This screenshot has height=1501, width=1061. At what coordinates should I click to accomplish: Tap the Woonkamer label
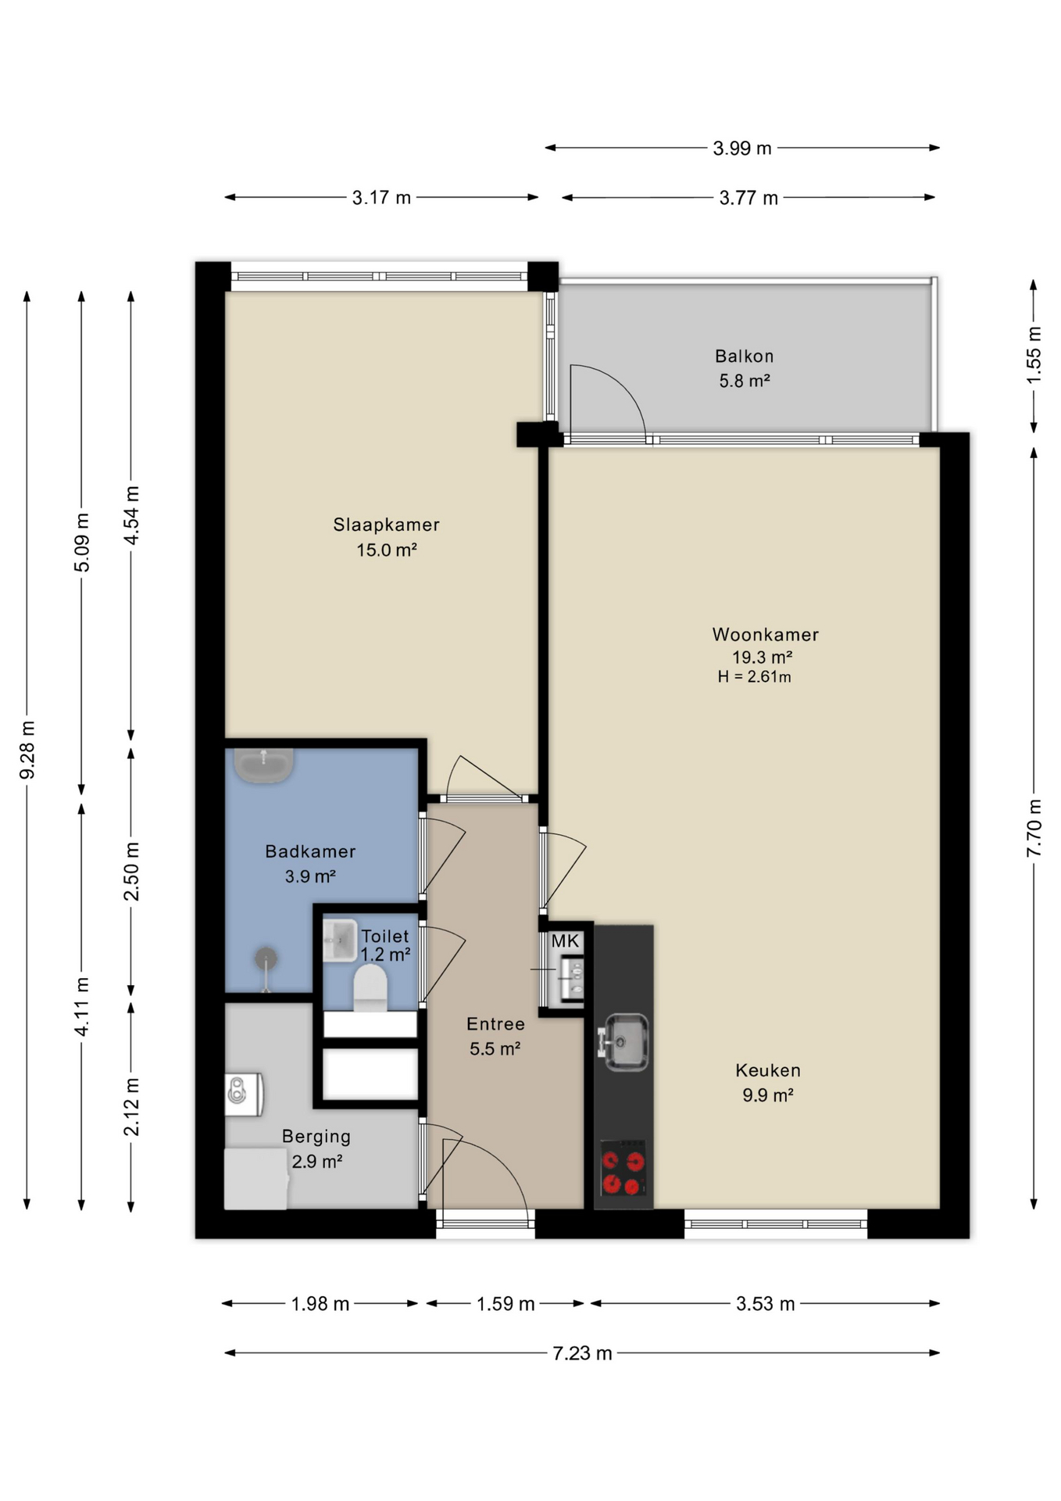pyautogui.click(x=765, y=635)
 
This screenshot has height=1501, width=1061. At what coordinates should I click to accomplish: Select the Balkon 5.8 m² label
pyautogui.click(x=744, y=368)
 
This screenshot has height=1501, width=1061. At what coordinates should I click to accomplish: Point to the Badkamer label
pyautogui.click(x=310, y=851)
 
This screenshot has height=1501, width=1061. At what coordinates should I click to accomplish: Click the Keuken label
pyautogui.click(x=767, y=1070)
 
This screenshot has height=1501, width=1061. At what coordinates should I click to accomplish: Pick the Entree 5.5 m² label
pyautogui.click(x=495, y=1036)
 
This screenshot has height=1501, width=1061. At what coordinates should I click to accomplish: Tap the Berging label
pyautogui.click(x=316, y=1137)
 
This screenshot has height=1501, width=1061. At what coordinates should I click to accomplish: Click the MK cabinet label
pyautogui.click(x=565, y=941)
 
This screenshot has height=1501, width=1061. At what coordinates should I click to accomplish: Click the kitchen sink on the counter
pyautogui.click(x=623, y=1042)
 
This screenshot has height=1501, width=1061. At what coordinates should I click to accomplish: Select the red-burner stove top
pyautogui.click(x=623, y=1168)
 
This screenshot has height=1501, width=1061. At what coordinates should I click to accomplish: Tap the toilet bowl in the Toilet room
pyautogui.click(x=370, y=987)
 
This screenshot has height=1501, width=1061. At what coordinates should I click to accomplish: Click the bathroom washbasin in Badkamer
pyautogui.click(x=263, y=765)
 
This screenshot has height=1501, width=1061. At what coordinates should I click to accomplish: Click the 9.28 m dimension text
pyautogui.click(x=27, y=750)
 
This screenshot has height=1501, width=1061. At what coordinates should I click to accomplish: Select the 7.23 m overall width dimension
pyautogui.click(x=582, y=1352)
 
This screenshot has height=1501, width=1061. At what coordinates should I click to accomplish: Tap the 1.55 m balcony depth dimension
pyautogui.click(x=1034, y=355)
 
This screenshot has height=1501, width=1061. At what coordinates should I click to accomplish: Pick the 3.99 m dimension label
pyautogui.click(x=742, y=148)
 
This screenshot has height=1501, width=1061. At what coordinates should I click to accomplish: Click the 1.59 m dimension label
pyautogui.click(x=505, y=1303)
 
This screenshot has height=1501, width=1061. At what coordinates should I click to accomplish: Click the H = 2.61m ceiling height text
pyautogui.click(x=754, y=677)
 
